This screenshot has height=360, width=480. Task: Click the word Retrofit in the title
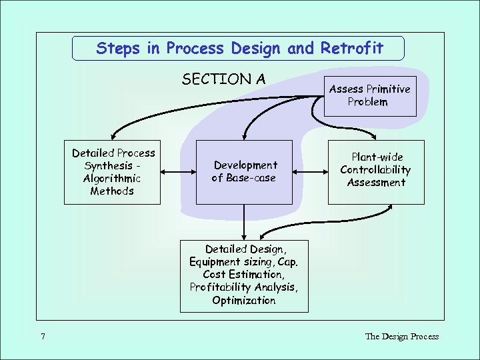(352, 49)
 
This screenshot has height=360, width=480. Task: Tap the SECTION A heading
(223, 79)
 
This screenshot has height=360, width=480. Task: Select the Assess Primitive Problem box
(369, 95)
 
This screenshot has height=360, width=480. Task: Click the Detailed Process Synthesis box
(112, 172)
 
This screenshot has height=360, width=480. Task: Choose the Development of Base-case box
(244, 172)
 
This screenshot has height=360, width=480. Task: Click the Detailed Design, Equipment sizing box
(244, 275)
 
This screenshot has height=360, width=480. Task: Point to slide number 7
(43, 337)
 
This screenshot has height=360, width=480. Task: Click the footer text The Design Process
(402, 336)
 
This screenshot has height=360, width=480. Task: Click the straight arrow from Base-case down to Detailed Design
(244, 221)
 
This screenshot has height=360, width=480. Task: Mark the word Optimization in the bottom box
(244, 301)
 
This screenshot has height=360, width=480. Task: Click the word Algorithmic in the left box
(112, 179)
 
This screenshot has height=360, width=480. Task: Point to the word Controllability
(376, 170)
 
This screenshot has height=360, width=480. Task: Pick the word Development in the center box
(245, 165)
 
